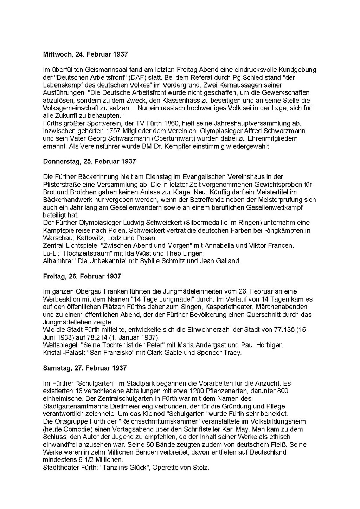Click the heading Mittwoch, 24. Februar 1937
[85, 54]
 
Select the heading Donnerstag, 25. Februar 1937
[89, 161]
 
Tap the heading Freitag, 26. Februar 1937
[82, 276]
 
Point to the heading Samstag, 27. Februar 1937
[85, 368]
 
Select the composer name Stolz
[201, 468]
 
